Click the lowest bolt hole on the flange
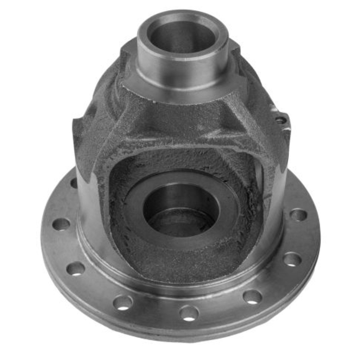pyautogui.click(x=189, y=312)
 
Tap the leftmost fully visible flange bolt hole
pyautogui.click(x=61, y=224)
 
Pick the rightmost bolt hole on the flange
pyautogui.click(x=298, y=215)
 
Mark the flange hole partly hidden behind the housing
pyautogui.click(x=73, y=183)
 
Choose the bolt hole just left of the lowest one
pyautogui.click(x=122, y=302)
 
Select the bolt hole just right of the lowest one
pyautogui.click(x=252, y=297)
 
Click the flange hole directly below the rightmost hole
pyautogui.click(x=292, y=259)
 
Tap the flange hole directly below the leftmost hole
pyautogui.click(x=76, y=268)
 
